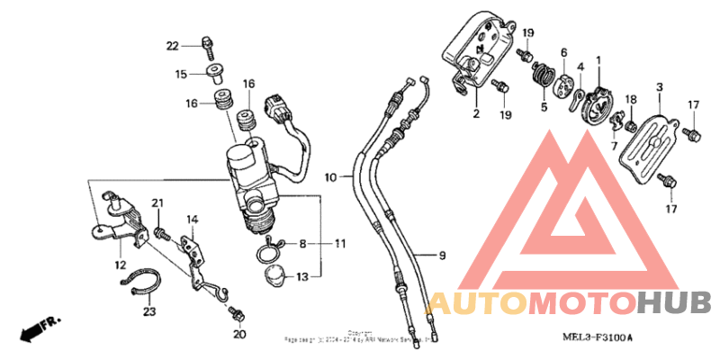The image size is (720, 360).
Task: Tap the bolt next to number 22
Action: pos(207,43)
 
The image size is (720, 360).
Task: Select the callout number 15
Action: pos(181,74)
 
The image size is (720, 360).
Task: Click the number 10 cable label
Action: pos(331,178)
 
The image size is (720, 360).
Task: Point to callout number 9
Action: pos(442,256)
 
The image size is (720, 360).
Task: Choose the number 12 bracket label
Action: pos(120,265)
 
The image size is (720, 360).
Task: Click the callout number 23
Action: pos(149,311)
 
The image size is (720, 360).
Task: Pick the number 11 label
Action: pos(340,243)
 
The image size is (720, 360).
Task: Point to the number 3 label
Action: pos(660,86)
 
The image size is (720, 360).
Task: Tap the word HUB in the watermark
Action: pos(674,302)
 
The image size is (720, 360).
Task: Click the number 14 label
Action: pos(192,219)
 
